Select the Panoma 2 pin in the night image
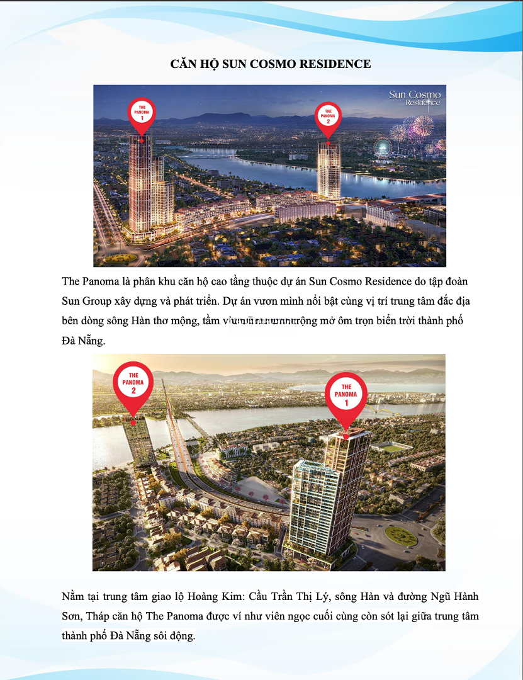pyautogui.click(x=328, y=116)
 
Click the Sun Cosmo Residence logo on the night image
pyautogui.click(x=415, y=98)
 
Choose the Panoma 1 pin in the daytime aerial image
pyautogui.click(x=346, y=395)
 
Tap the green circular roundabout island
pyautogui.click(x=401, y=536)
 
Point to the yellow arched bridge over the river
pyautogui.click(x=382, y=408)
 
